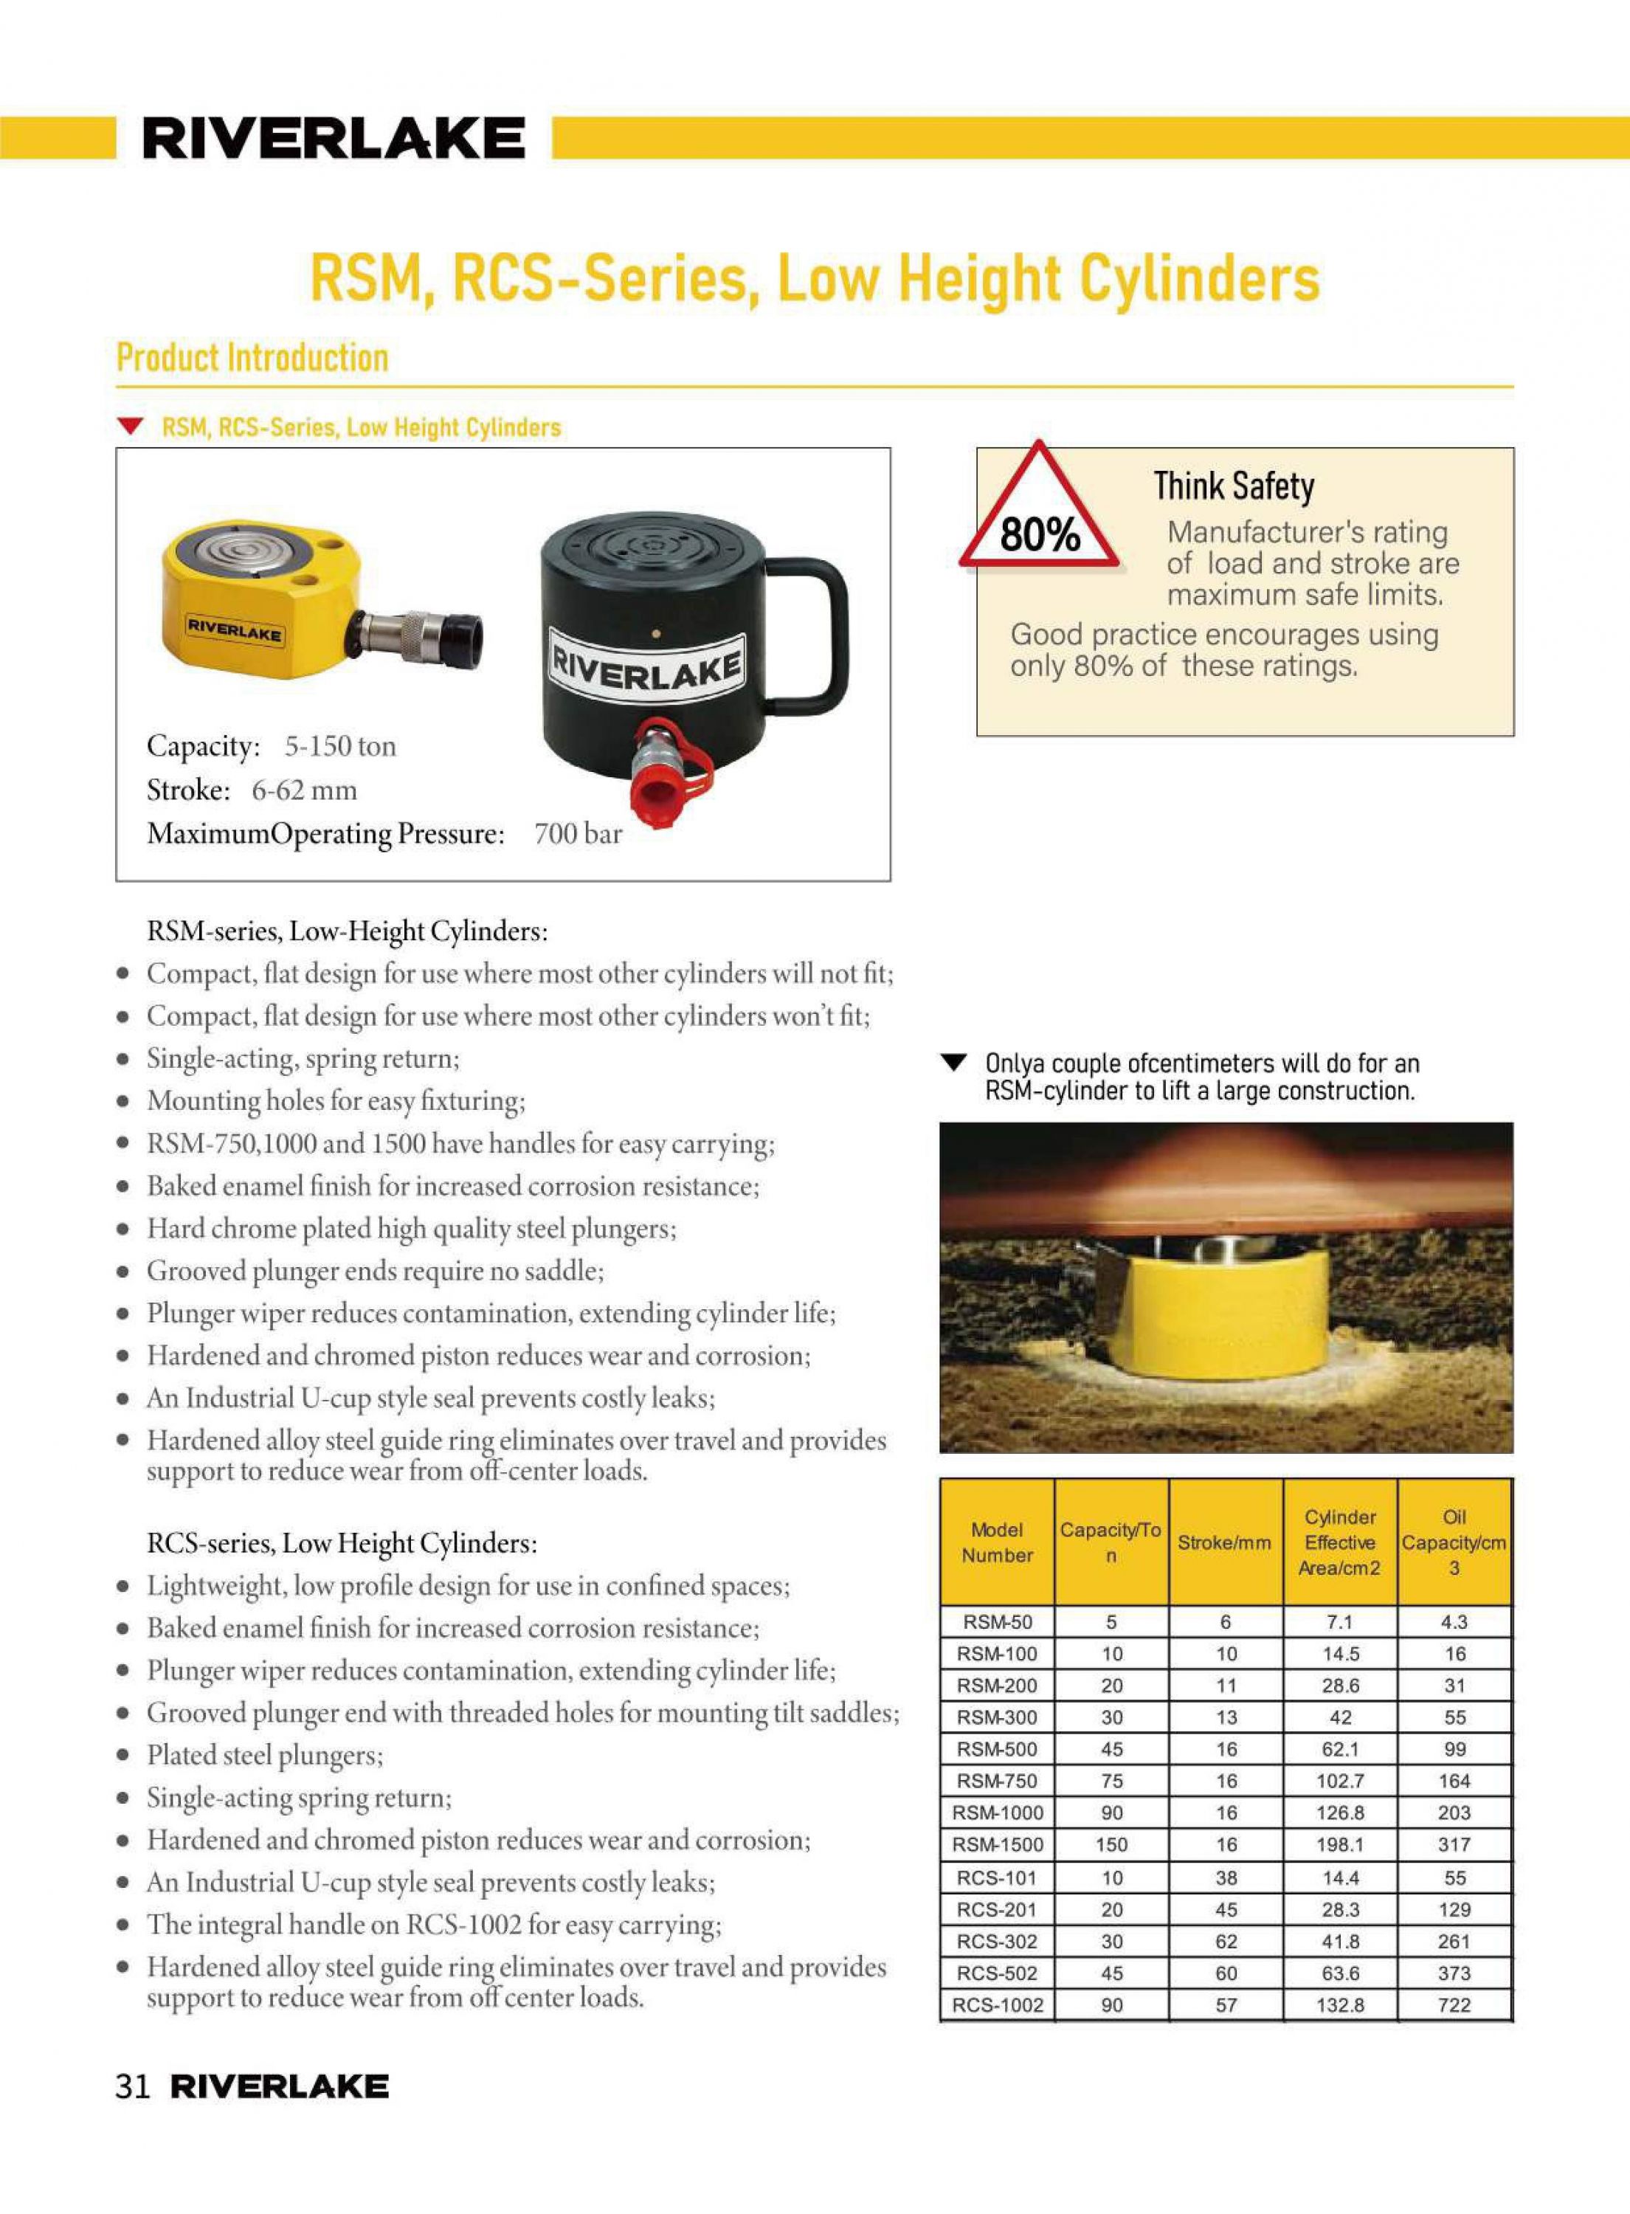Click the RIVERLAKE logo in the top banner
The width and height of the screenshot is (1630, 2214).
[334, 138]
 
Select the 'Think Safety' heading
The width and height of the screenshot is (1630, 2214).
[1234, 486]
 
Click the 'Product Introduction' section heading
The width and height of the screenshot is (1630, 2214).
[252, 357]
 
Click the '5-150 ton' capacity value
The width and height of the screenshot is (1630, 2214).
[340, 746]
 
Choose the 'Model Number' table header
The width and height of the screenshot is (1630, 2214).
[997, 1543]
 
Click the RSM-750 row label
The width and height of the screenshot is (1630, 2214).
[997, 1782]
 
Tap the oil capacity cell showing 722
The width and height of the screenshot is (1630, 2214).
[1454, 2006]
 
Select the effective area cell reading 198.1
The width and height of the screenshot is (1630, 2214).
[1340, 1845]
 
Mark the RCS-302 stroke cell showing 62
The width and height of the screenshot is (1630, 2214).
[1226, 1942]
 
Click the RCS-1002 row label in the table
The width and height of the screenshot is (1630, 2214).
[997, 2006]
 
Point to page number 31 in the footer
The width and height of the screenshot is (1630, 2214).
[132, 2087]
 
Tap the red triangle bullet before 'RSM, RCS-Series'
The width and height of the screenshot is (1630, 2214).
[128, 427]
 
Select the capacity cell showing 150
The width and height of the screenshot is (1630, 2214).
[1111, 1845]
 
